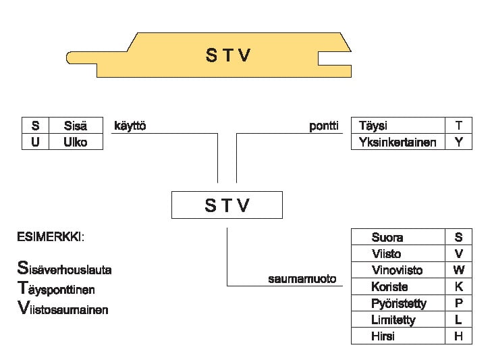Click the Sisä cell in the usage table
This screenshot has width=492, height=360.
[x=76, y=126]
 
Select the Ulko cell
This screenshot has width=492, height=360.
[x=76, y=142]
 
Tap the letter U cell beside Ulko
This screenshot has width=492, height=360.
[x=36, y=142]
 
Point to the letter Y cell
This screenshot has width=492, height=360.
[x=459, y=142]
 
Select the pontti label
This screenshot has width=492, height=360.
[x=324, y=126]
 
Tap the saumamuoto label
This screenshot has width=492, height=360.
[x=302, y=278]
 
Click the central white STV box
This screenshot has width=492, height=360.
[x=227, y=205]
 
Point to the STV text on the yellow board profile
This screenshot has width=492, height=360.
[x=228, y=55]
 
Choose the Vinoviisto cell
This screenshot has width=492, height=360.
[x=397, y=270]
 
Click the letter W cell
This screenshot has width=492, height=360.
[x=459, y=270]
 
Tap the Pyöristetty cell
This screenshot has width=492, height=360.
[x=398, y=303]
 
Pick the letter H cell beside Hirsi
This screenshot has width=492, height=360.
[x=459, y=336]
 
